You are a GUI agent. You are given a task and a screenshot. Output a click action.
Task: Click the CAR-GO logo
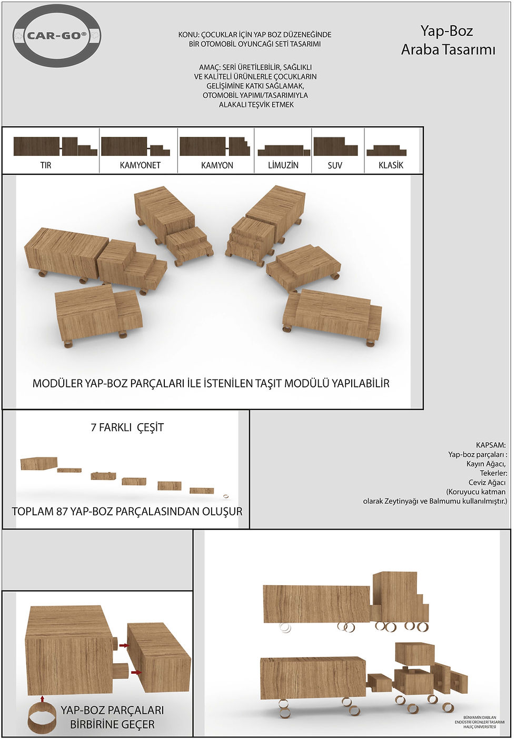click(57, 36)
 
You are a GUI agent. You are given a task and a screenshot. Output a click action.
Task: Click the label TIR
click(46, 165)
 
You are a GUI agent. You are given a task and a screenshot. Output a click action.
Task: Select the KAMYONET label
click(140, 165)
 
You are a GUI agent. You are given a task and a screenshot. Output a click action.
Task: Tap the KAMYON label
click(217, 165)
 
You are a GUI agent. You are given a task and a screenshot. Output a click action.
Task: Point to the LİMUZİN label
click(283, 165)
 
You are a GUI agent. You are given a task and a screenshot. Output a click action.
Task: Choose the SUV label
click(335, 165)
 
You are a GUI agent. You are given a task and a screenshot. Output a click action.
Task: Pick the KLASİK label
click(391, 165)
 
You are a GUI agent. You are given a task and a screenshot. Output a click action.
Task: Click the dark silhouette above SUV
click(335, 146)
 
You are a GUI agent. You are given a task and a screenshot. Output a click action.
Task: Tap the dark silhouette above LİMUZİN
click(284, 151)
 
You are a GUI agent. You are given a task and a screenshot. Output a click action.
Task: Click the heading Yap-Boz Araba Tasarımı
click(448, 40)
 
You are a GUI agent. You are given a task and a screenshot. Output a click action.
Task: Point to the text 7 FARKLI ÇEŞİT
click(127, 427)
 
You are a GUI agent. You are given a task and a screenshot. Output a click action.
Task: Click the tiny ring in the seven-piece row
click(226, 496)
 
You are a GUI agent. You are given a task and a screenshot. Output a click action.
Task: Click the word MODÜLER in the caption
click(57, 383)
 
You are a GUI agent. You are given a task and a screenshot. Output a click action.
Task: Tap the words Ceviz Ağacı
click(487, 482)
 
